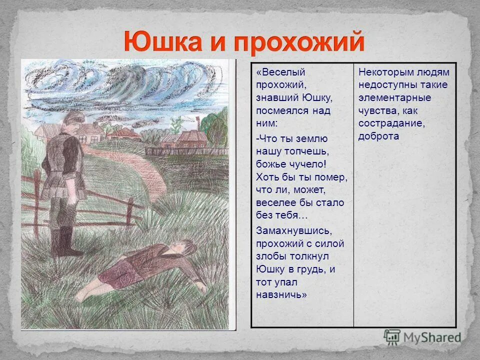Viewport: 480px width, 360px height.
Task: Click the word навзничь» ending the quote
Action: [x=281, y=294]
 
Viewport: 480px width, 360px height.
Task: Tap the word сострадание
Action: [x=390, y=123]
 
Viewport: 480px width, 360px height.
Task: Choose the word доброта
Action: [x=378, y=136]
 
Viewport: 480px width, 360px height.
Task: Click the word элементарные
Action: [x=394, y=97]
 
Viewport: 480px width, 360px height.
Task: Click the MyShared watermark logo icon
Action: [x=392, y=336]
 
